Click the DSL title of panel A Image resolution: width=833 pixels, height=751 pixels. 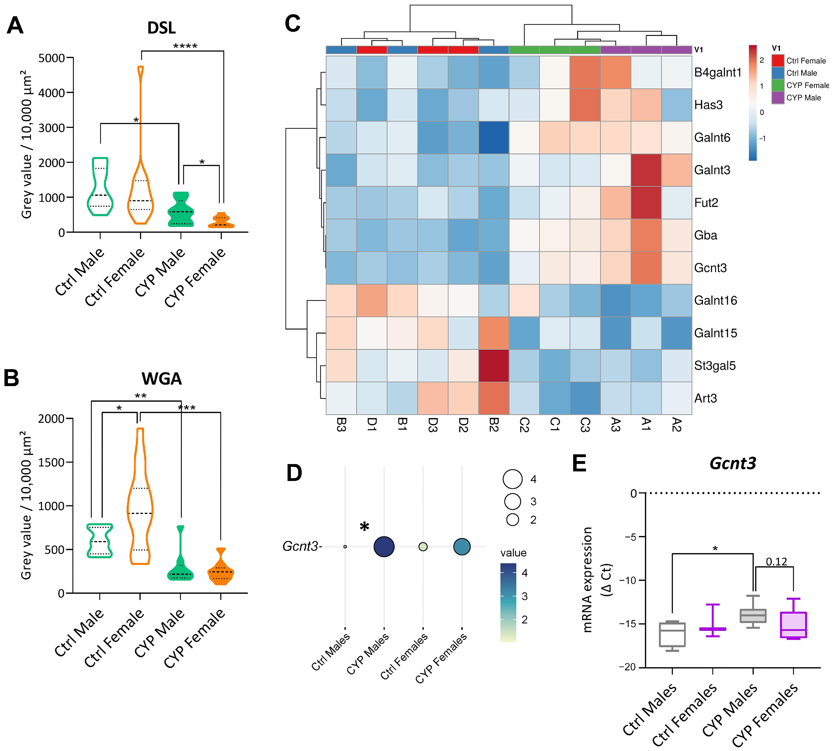[161, 28]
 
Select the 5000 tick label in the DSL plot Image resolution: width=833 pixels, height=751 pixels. [52, 58]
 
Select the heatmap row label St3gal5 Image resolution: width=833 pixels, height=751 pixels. [714, 366]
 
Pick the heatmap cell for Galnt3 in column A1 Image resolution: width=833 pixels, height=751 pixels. [646, 170]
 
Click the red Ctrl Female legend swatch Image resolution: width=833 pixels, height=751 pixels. [778, 61]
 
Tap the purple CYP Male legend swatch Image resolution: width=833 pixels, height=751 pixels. [778, 98]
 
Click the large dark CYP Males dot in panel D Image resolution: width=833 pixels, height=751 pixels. [384, 547]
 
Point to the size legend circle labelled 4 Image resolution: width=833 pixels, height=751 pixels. [513, 479]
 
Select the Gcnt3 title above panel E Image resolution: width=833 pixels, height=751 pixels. [733, 463]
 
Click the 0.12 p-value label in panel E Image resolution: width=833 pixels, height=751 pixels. [776, 562]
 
